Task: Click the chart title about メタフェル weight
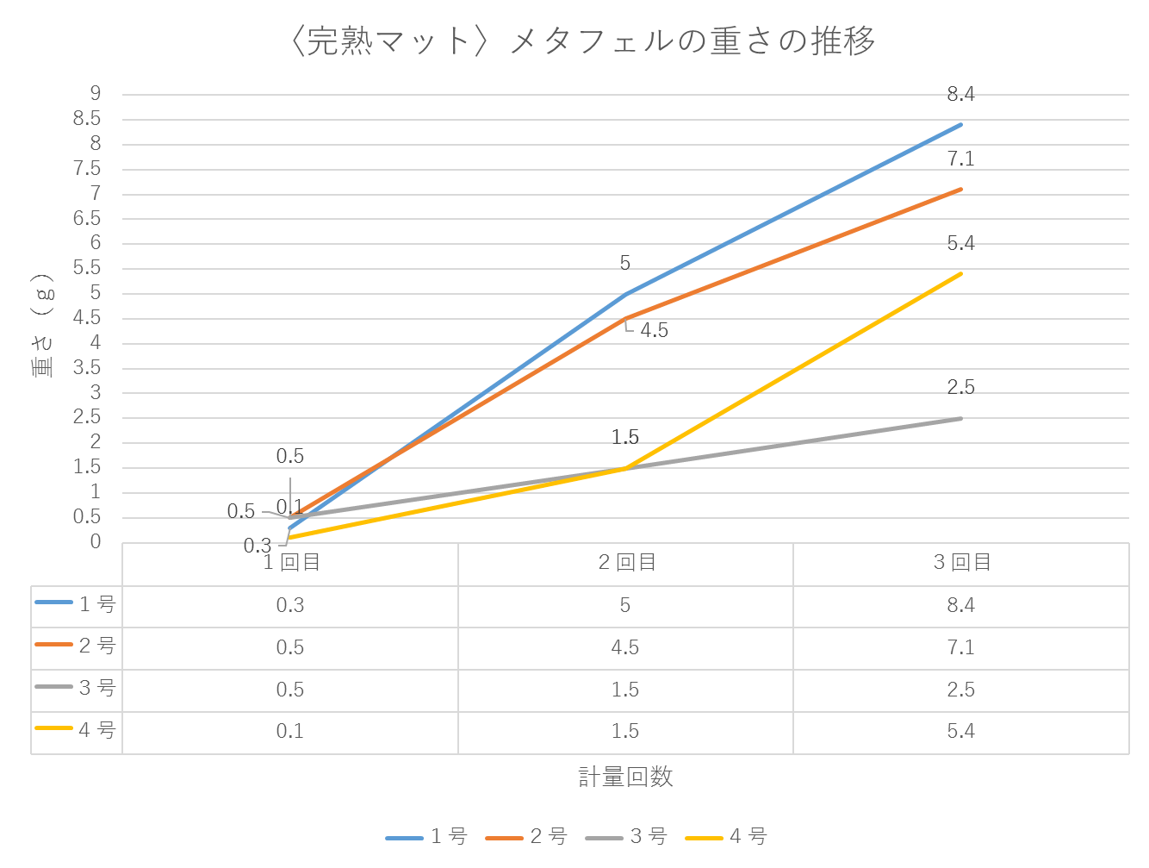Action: point(583,41)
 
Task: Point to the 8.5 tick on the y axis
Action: point(88,118)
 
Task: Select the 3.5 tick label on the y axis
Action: point(88,367)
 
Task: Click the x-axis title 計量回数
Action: point(625,777)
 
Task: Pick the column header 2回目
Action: point(626,563)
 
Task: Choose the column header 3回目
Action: point(961,563)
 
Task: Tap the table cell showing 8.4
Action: point(960,605)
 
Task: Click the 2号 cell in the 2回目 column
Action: point(625,647)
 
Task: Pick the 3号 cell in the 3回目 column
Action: point(960,690)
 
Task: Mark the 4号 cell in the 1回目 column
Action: point(290,731)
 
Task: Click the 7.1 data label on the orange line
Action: point(960,159)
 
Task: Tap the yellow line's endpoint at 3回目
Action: point(960,273)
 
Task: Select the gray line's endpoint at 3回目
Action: point(960,418)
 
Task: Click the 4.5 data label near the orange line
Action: point(654,330)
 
